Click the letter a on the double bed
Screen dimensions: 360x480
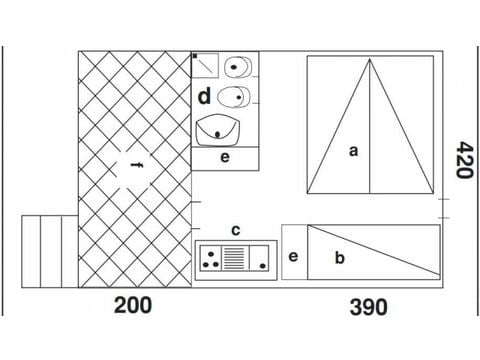tap(352, 151)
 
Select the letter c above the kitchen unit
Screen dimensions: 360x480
tap(235, 231)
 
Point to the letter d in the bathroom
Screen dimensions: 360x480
tap(204, 97)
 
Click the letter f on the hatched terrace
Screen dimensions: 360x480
tap(134, 166)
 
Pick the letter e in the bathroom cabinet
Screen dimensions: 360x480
tap(225, 158)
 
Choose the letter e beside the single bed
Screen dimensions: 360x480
tap(293, 256)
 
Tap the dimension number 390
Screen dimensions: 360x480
tap(368, 307)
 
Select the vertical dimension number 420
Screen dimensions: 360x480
tap(461, 158)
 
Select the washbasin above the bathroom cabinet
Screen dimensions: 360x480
tap(220, 129)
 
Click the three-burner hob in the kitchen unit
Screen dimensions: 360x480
tap(212, 259)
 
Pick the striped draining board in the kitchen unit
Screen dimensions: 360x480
tap(237, 259)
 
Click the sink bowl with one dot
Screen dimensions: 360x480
tap(259, 259)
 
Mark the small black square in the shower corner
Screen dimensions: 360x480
tap(195, 57)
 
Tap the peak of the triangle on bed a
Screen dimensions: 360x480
tap(370, 59)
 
